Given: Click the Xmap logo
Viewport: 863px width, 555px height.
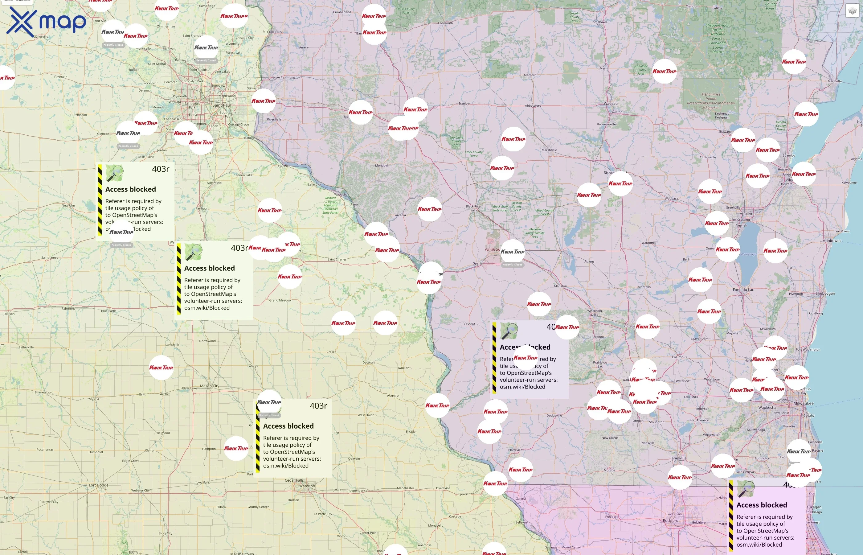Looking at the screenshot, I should pos(46,22).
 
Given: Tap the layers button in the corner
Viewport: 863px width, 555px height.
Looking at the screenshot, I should pos(852,11).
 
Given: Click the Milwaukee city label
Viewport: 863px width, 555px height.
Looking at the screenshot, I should pos(803,403).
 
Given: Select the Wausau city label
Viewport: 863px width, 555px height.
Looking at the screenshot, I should pos(611,103).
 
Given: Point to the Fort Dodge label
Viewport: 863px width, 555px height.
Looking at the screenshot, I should pos(98,485).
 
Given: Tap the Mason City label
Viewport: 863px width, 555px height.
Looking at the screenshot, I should pos(209,386).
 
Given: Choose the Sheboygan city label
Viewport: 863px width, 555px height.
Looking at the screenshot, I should pos(825,293).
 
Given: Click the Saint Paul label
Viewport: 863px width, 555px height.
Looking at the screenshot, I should pos(222,105).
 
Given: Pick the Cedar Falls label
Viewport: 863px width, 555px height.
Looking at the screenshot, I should pos(294,480).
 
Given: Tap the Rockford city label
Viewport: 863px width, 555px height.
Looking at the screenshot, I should pos(670,520).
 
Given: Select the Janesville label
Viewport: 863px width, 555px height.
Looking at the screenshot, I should pos(678,458).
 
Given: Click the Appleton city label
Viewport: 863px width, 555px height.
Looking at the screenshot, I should pos(747,214).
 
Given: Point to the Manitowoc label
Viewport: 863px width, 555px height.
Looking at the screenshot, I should pos(832,241).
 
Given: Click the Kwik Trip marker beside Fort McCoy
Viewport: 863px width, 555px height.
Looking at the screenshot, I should pos(512,252).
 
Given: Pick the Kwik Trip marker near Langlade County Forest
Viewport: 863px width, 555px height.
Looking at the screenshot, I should pos(664,71).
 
